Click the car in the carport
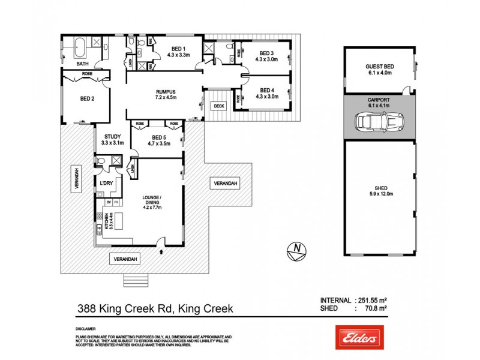pyautogui.click(x=378, y=123)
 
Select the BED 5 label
pyautogui.click(x=159, y=140)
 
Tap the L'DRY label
pyautogui.click(x=107, y=182)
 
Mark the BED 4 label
pyautogui.click(x=266, y=93)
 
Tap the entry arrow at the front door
pyautogui.click(x=161, y=253)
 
